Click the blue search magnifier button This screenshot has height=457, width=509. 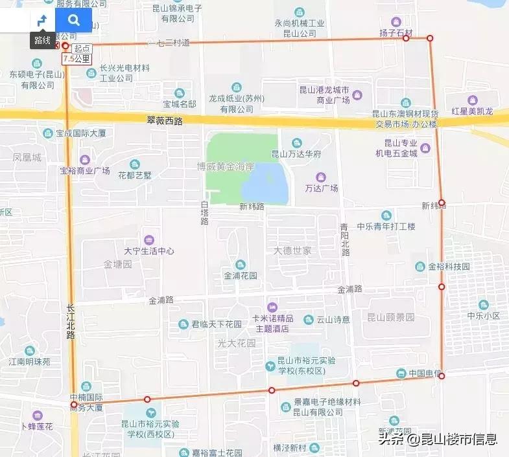point(74,20)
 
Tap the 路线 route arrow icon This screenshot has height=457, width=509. point(42,20)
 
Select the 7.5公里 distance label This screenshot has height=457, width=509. point(76,59)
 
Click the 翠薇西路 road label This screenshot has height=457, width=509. point(165,120)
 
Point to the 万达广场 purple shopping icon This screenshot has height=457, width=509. point(321,177)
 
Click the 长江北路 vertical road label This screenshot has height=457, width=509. point(70,322)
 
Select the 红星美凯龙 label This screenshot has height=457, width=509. point(473,111)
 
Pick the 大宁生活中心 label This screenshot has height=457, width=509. point(149,251)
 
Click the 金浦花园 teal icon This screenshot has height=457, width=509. point(241,264)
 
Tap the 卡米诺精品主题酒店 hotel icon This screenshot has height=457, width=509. point(273,307)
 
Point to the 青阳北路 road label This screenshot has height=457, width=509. point(345,240)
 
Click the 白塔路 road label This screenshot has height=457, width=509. point(204,212)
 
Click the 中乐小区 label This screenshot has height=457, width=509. point(483,316)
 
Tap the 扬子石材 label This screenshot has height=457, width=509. point(396,33)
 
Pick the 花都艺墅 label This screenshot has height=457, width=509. point(134,175)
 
